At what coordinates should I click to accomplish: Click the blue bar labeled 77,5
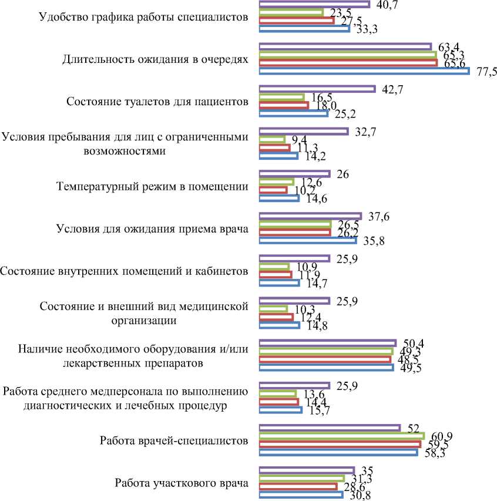pyautogui.click(x=364, y=71)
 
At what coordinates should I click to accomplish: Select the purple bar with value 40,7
pyautogui.click(x=314, y=4)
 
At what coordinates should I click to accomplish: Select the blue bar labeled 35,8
pyautogui.click(x=308, y=241)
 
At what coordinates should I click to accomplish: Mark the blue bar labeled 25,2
pyautogui.click(x=294, y=113)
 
